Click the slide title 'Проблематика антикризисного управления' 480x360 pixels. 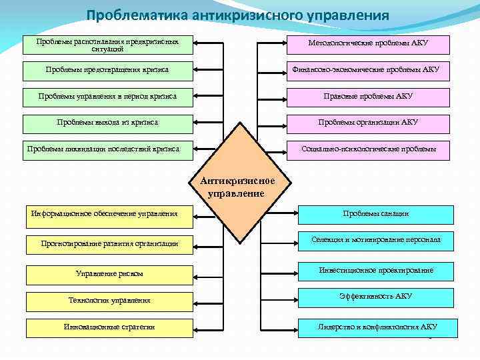coord(237,15)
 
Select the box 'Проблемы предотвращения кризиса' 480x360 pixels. coord(107,69)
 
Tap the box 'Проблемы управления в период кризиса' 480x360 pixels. coord(107,97)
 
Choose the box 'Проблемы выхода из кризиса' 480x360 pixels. coord(107,123)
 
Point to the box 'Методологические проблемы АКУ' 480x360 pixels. coord(368,44)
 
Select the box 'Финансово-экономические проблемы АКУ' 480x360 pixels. coord(368,70)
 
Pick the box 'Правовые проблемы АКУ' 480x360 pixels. coord(368,97)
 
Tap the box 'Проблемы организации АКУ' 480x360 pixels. coord(368,123)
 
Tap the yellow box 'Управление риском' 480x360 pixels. coord(109,273)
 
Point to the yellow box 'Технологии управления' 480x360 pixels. coord(109,301)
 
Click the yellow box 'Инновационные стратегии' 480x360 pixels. coord(109,327)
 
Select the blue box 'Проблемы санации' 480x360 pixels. coord(376,214)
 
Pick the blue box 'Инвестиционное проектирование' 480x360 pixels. coord(376,271)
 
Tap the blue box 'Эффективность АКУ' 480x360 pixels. coord(376,297)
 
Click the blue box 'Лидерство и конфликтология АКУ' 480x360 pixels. coord(377,327)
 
